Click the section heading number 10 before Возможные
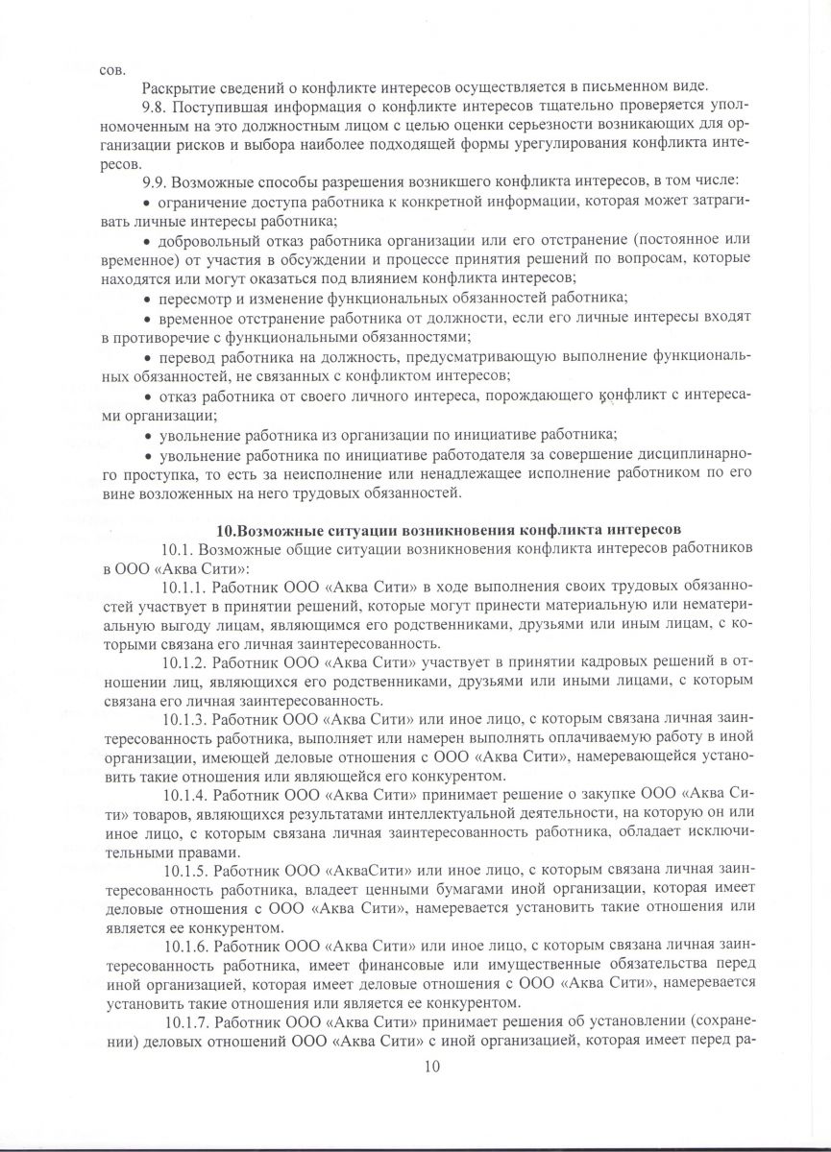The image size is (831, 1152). coord(225,530)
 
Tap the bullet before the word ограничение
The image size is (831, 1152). coord(147,203)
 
